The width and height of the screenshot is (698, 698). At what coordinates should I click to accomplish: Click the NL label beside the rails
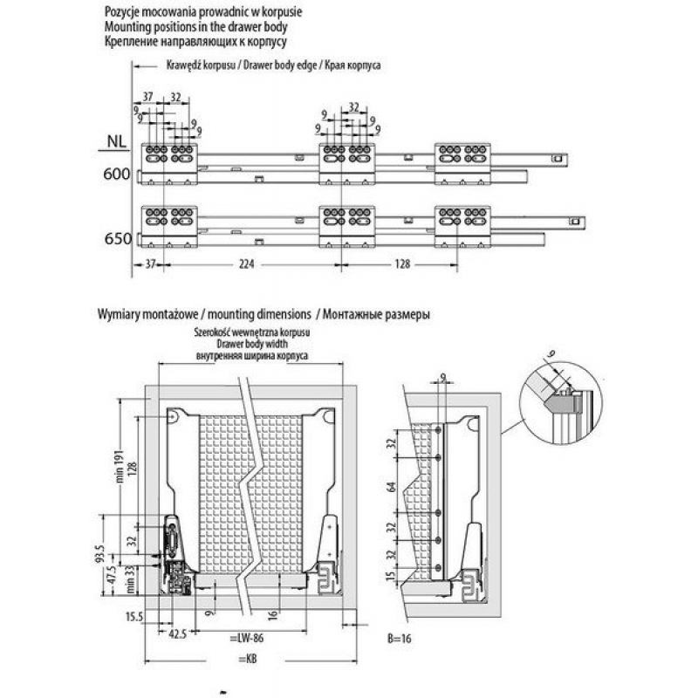pos(114,140)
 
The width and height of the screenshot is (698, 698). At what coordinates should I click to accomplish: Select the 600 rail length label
pos(117,174)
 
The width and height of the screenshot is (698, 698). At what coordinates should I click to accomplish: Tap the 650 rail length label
pos(117,237)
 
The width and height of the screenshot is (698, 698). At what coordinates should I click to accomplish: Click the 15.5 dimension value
pos(133,617)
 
